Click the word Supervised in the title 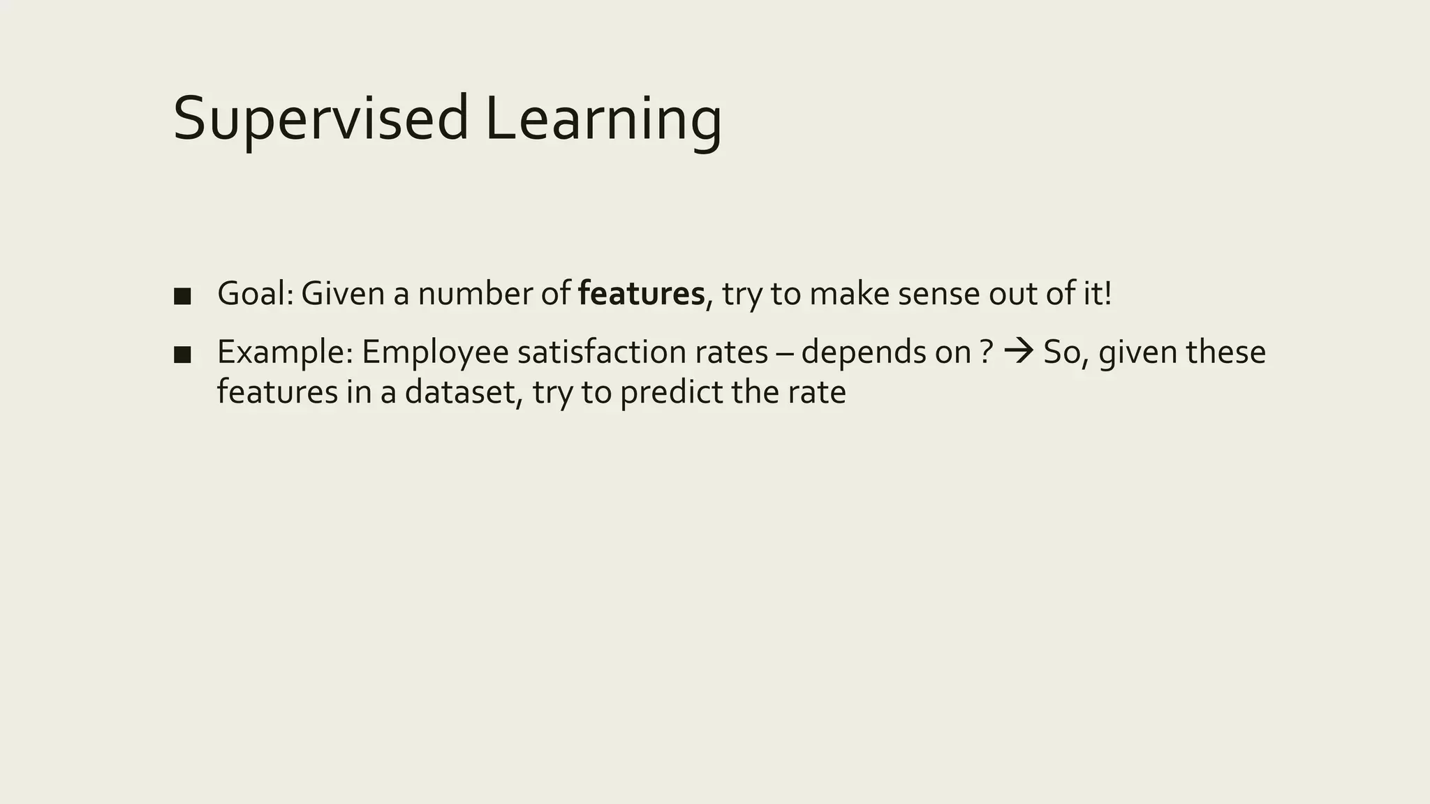coord(320,119)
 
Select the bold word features coord(642,294)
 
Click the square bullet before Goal coord(182,296)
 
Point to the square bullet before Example coord(182,355)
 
